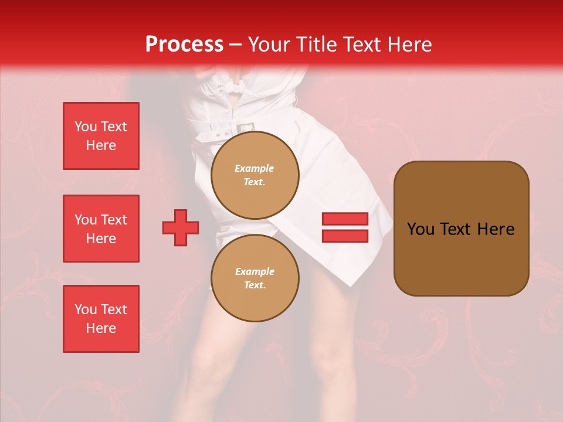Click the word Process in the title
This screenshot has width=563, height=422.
coord(184,45)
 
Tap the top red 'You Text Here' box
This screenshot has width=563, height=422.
coord(101,136)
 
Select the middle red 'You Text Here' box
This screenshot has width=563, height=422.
coord(101,229)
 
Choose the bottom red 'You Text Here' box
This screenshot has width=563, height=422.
coord(101,319)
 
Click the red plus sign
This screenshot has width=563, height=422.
coord(181,227)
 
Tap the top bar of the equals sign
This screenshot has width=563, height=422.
coord(345,219)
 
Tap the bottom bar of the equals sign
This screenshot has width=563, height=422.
coord(345,236)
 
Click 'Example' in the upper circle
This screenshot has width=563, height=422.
coord(255,168)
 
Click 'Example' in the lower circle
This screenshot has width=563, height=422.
coord(255,271)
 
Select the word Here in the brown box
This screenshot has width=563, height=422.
coord(496,229)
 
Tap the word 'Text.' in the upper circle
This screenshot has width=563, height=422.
coord(255,182)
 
